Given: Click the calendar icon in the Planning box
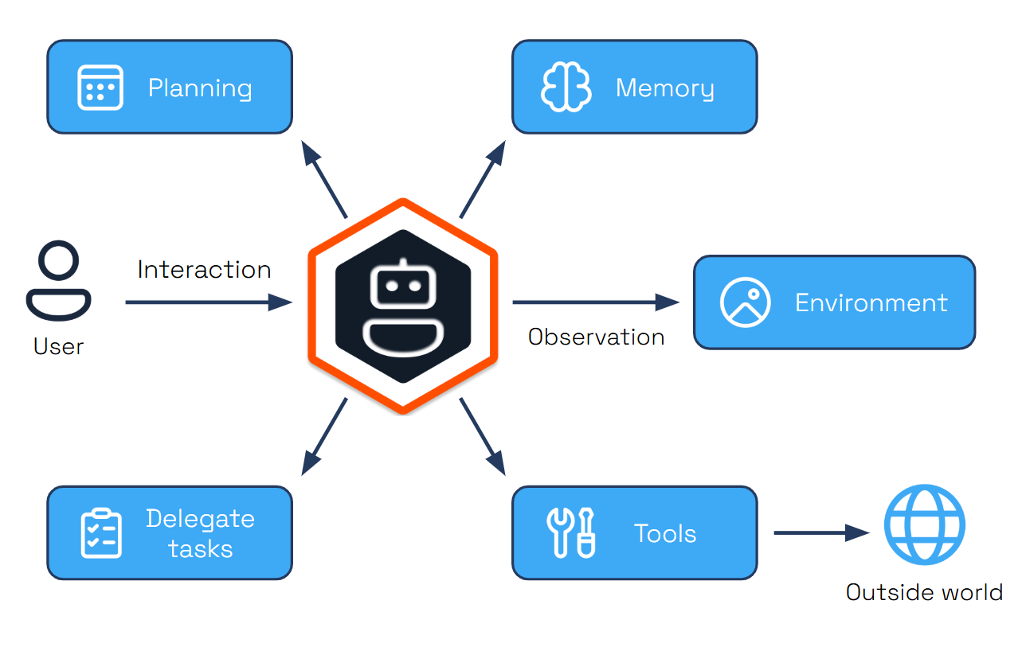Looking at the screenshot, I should [x=100, y=88].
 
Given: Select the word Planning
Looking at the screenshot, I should [x=200, y=88].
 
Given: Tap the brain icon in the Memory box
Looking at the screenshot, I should [x=566, y=88].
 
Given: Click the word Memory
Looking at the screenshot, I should [x=664, y=88].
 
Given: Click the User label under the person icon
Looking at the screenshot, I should [x=58, y=346].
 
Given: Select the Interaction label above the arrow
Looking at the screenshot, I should [x=204, y=270].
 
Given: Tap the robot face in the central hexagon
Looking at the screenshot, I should [x=403, y=306].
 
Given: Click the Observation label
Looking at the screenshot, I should [x=596, y=337].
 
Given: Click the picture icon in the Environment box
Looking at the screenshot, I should [x=745, y=302].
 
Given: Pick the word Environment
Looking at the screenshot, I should [x=871, y=303].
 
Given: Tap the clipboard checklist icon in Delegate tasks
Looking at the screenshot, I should [x=101, y=532].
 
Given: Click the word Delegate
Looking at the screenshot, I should [x=200, y=519].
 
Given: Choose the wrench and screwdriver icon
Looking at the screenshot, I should [x=571, y=532].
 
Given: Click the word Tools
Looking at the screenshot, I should [x=664, y=533].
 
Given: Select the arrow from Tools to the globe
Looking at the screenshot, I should [x=820, y=532].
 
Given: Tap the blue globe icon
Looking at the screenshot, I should [x=924, y=525].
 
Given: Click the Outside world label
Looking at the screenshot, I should [x=924, y=593].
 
